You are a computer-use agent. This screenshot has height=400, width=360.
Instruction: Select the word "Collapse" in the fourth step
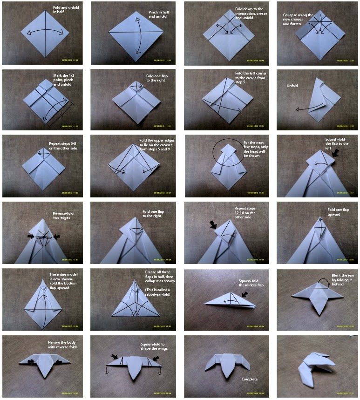tap(291, 15)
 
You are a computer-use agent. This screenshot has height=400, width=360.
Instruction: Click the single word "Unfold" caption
tap(292, 86)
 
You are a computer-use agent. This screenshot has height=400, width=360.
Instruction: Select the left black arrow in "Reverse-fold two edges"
tap(31, 237)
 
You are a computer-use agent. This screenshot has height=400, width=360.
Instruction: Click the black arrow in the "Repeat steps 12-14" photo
tap(213, 225)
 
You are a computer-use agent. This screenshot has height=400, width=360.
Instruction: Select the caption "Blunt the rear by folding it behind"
tap(342, 279)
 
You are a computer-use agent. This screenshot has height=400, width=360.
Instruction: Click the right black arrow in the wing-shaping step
tap(156, 359)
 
